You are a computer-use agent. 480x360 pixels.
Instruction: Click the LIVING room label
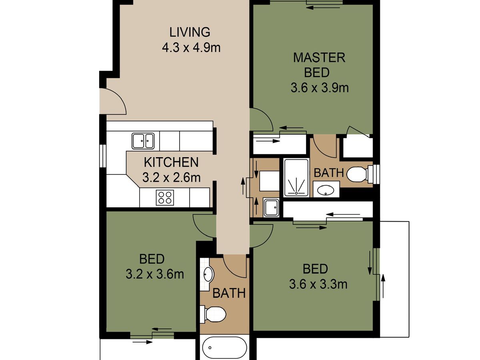(x=190, y=32)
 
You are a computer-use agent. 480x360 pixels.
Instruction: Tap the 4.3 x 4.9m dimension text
(x=191, y=48)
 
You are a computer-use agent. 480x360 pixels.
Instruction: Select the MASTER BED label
(x=319, y=65)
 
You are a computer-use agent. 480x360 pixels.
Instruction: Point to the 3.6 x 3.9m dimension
(x=320, y=88)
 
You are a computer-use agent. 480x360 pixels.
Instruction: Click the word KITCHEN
(x=171, y=162)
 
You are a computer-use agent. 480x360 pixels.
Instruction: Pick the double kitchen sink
(x=143, y=141)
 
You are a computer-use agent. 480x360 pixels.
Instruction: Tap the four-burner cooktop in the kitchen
(x=165, y=197)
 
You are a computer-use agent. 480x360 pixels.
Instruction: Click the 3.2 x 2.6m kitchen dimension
(x=172, y=177)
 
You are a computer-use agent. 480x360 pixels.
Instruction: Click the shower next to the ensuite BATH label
(x=296, y=178)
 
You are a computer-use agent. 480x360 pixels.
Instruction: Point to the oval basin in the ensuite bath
(x=326, y=190)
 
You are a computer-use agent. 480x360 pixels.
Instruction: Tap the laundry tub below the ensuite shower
(x=271, y=208)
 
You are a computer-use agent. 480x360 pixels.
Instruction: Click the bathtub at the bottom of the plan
(x=224, y=348)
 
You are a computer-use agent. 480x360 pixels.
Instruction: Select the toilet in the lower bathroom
(x=214, y=314)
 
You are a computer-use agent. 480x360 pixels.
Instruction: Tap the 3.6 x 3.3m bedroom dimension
(x=318, y=284)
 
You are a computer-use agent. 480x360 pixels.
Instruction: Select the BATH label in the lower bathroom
(x=229, y=293)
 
